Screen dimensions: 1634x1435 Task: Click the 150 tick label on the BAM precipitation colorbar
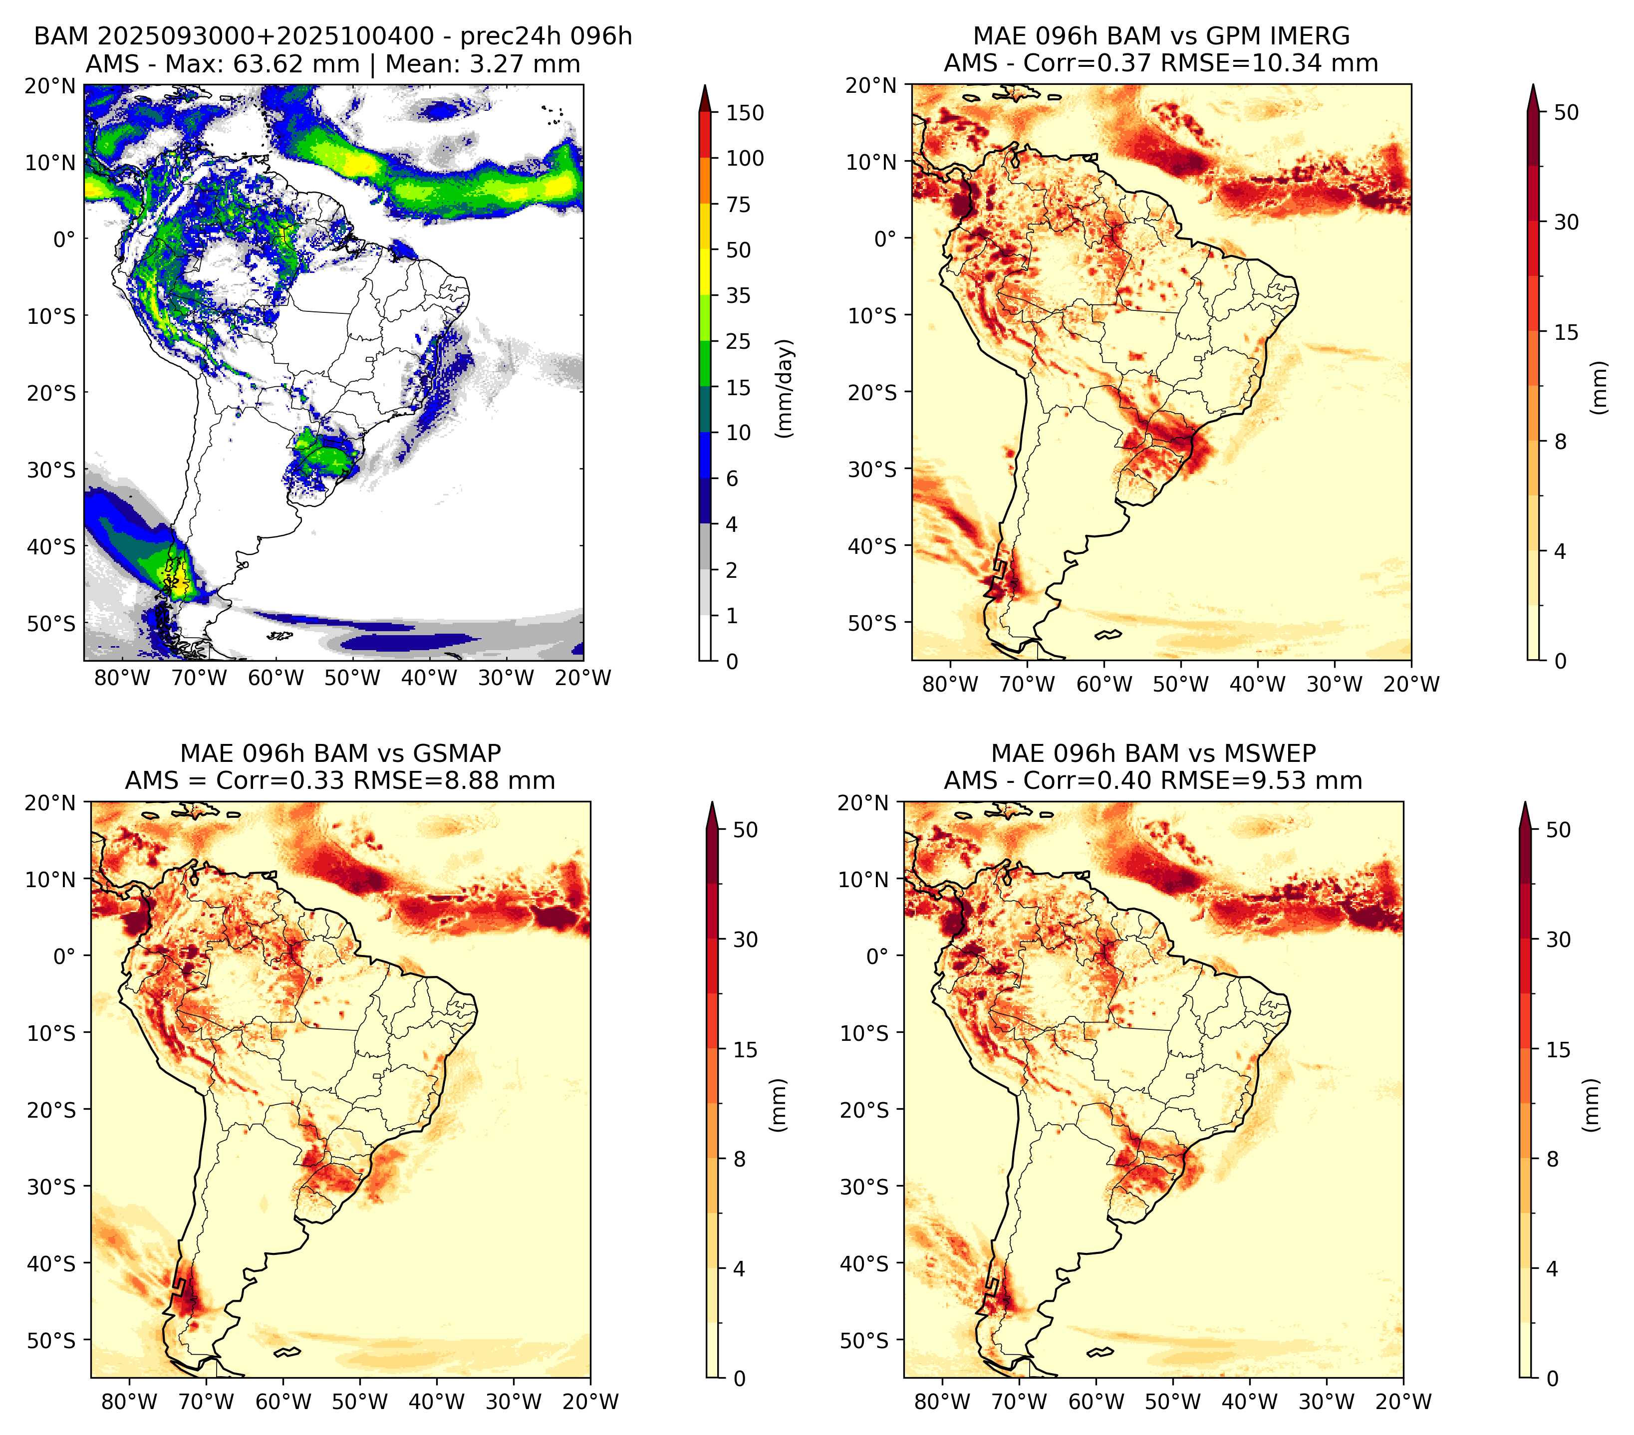coord(744,113)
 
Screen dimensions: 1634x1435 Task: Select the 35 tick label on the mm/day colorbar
coord(738,295)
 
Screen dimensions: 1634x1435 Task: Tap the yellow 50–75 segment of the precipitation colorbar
coord(705,227)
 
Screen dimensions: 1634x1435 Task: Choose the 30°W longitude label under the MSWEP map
coord(1326,1402)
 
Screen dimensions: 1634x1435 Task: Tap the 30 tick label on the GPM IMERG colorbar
coord(1566,222)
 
